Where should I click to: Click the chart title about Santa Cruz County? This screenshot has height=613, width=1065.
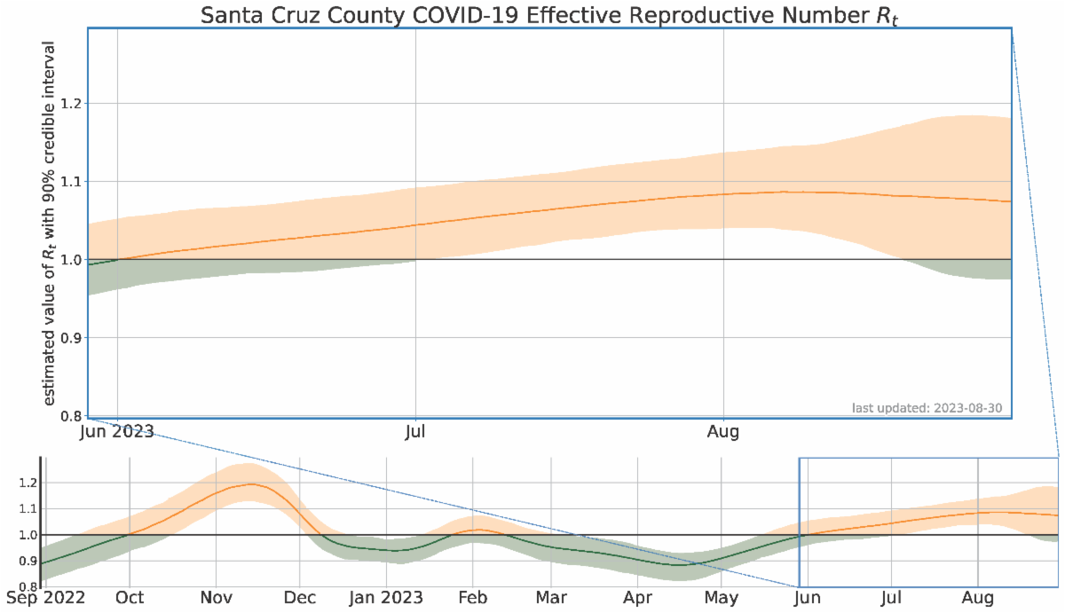pos(549,15)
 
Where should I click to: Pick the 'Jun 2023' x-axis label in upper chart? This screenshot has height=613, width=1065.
pos(117,433)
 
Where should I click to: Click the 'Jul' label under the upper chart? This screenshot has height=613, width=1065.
pos(415,433)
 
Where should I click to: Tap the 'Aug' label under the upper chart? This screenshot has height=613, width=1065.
pos(724,433)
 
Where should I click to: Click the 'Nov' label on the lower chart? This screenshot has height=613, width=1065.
pos(217,599)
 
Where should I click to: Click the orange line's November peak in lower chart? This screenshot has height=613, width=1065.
pos(254,484)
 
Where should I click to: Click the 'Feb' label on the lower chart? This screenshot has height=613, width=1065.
pos(472,599)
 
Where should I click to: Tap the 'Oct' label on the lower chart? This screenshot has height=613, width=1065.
pos(130,599)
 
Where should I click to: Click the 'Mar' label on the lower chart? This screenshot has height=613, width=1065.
pos(550,599)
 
